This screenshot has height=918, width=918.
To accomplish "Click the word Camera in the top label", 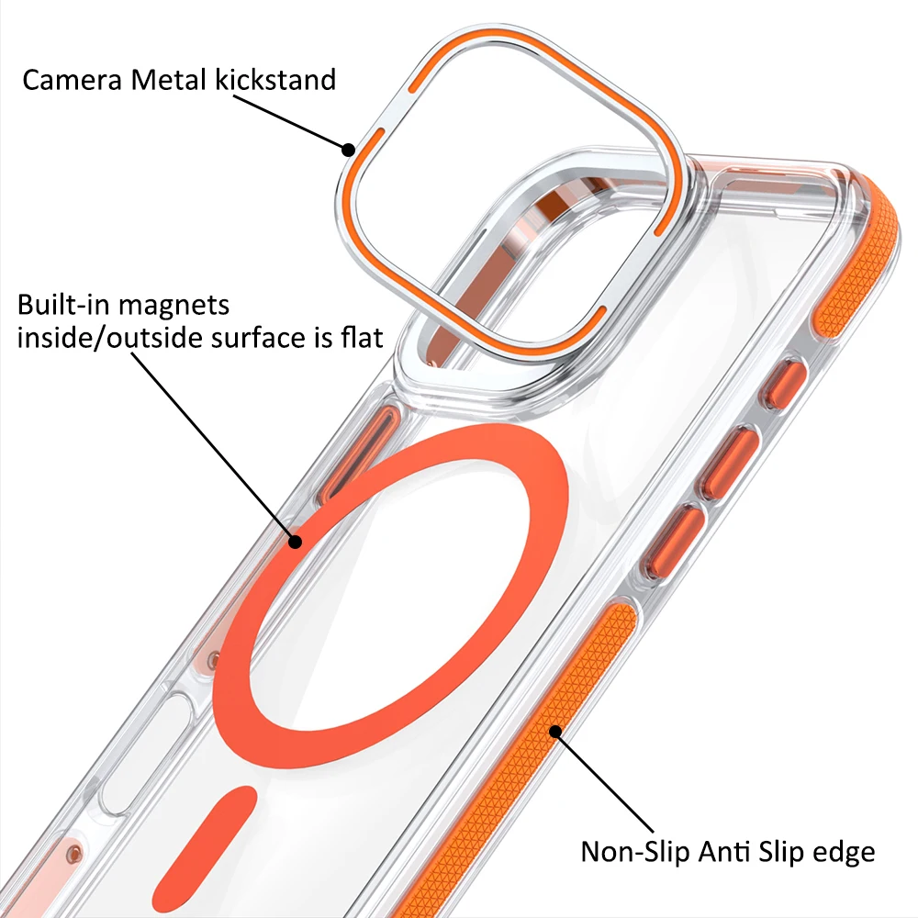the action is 72,80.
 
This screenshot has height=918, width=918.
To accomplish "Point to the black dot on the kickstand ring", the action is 348,150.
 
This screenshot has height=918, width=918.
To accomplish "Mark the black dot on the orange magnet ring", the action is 295,542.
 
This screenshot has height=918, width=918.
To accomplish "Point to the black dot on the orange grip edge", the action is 554,731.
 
